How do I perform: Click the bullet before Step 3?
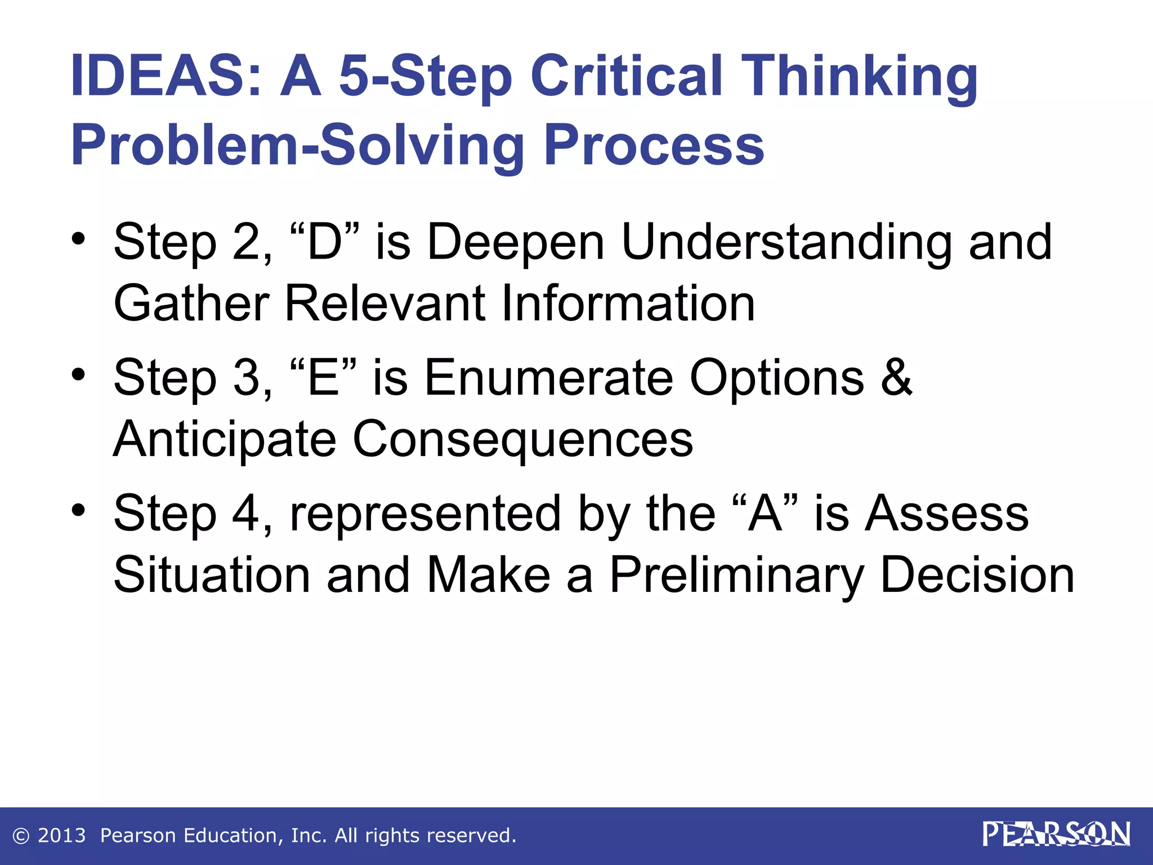[79, 374]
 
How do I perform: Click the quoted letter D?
[325, 242]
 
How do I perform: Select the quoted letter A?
[765, 514]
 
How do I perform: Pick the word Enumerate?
[548, 377]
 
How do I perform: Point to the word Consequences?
[522, 439]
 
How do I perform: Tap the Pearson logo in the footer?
[1056, 834]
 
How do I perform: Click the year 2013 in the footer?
[61, 836]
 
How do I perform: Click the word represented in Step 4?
[425, 514]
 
